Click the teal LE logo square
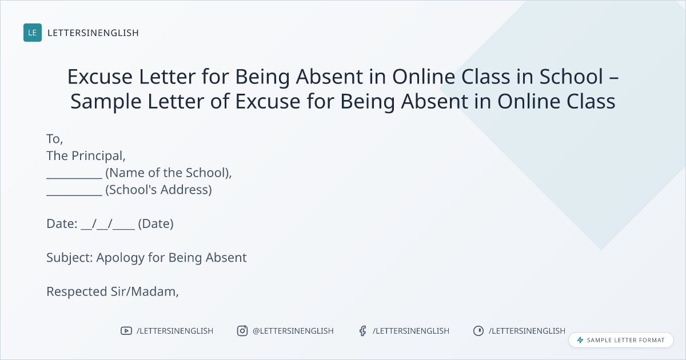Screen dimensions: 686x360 click(33, 33)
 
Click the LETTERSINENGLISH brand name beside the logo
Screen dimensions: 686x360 click(93, 33)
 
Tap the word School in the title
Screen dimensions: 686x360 click(571, 77)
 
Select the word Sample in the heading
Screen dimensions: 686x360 click(106, 101)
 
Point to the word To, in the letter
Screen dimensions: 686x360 click(54, 139)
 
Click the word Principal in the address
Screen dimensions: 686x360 click(98, 156)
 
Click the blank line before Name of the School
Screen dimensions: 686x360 click(74, 178)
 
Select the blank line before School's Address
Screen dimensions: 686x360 click(74, 194)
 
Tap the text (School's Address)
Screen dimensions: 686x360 click(159, 190)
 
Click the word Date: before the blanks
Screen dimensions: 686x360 click(62, 224)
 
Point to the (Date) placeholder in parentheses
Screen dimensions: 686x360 click(156, 224)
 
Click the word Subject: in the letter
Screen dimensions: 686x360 click(70, 258)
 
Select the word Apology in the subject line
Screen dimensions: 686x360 click(121, 258)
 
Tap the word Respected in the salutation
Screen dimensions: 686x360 click(77, 292)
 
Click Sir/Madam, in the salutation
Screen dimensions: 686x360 click(145, 292)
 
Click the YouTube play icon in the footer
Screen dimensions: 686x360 click(126, 331)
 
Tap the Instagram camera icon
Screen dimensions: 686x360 click(242, 331)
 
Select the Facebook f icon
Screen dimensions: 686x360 click(362, 331)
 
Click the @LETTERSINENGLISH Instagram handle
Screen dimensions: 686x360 click(293, 331)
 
